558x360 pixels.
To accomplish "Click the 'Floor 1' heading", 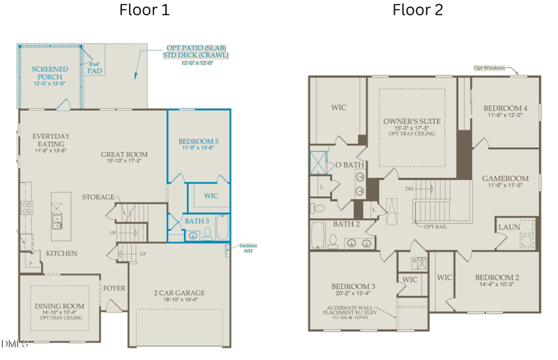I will (144, 10).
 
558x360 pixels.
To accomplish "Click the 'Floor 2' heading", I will (417, 10).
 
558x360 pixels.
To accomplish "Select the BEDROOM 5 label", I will (198, 141).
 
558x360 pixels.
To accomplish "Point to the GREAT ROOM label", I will (124, 155).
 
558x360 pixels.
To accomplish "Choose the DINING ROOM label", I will (59, 306).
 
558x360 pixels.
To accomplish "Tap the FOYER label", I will (114, 288).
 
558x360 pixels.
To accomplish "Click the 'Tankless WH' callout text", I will (248, 248).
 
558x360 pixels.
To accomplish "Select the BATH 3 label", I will (197, 221).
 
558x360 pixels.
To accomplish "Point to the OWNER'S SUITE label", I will (412, 121).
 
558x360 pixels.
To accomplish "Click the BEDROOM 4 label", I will (505, 108).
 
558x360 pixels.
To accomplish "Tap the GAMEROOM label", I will (505, 179).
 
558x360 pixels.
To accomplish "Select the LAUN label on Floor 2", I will (508, 227).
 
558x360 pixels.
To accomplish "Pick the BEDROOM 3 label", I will (353, 287).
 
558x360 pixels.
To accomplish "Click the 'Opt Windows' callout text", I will (489, 68).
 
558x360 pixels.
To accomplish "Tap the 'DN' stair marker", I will (409, 188).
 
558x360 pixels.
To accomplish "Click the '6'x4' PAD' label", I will (94, 68).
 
